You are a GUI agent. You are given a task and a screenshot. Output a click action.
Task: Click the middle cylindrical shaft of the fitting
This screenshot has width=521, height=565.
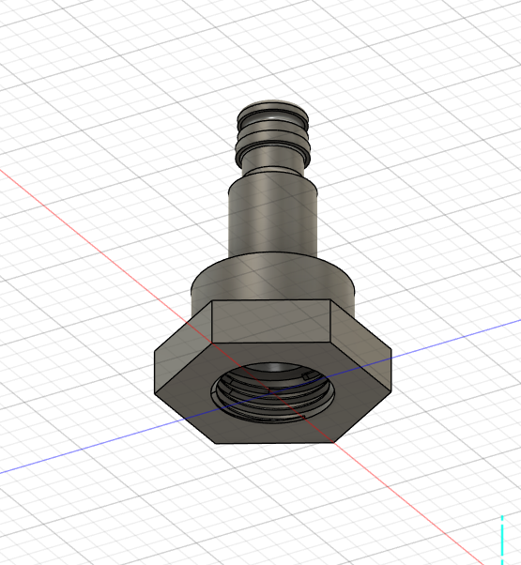click(273, 221)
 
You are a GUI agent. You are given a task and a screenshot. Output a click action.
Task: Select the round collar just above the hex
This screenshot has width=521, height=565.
click(273, 282)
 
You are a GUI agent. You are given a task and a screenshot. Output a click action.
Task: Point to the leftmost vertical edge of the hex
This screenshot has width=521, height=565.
click(156, 371)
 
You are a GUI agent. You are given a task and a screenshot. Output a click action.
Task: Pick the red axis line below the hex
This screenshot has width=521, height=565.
click(394, 493)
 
